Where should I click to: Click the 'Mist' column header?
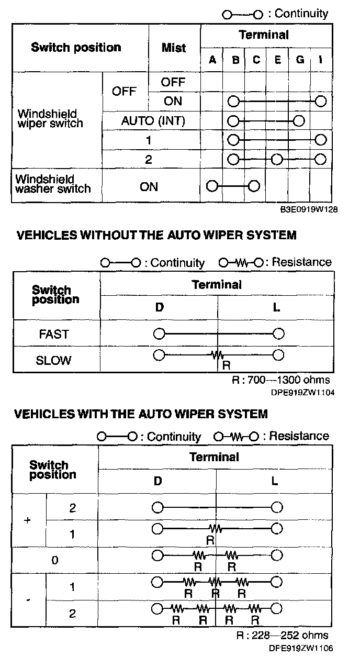coord(174,48)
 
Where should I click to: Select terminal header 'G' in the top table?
coord(300,60)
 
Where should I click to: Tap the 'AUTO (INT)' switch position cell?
coord(153,121)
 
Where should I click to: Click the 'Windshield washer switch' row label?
coord(53,184)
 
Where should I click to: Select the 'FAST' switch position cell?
coord(54,334)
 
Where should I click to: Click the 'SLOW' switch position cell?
coord(54,360)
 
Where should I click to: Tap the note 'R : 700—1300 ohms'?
coord(281,380)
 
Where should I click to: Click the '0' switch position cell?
coord(55,561)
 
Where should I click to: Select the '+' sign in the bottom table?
coord(28,521)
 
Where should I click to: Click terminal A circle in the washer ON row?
coord(212,186)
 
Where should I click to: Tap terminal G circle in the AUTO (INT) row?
coord(299,121)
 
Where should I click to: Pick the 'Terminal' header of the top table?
coord(263,35)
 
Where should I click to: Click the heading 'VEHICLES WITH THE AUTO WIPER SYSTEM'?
coord(141,414)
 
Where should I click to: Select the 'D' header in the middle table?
coord(159,307)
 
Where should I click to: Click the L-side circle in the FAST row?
coord(278,333)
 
